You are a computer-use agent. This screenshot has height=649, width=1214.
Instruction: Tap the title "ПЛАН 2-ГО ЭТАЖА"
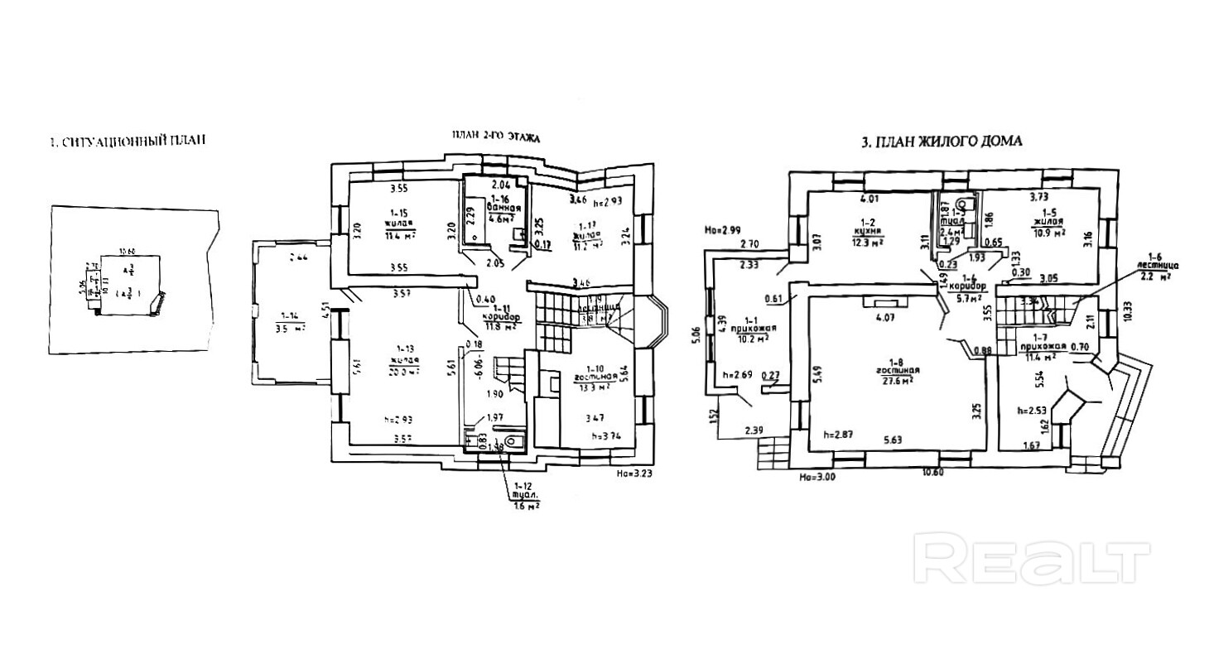pyautogui.click(x=494, y=138)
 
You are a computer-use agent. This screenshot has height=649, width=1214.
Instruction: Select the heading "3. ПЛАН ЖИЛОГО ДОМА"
pyautogui.click(x=942, y=142)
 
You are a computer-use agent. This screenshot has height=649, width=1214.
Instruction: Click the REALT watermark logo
pyautogui.click(x=1032, y=562)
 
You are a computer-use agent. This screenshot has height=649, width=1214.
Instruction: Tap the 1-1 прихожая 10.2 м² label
pyautogui.click(x=751, y=328)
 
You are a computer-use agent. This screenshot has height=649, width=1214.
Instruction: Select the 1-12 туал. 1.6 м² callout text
pyautogui.click(x=526, y=497)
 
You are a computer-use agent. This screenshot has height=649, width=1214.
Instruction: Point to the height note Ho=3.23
pyautogui.click(x=633, y=475)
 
